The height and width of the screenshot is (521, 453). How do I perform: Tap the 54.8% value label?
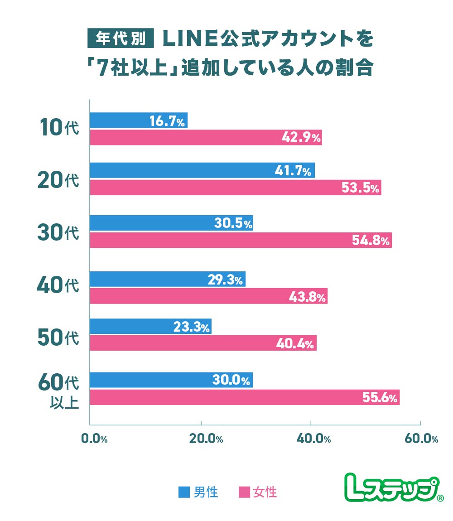(371, 241)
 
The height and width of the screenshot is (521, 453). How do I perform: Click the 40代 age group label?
(58, 286)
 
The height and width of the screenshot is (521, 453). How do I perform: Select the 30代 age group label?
(58, 233)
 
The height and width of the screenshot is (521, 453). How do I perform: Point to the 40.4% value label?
(295, 343)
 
